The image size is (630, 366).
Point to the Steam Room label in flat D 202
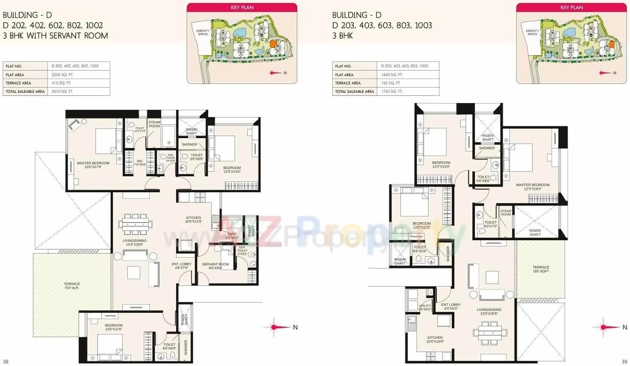pos(155,124)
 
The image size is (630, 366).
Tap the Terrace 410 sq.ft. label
pos(72,285)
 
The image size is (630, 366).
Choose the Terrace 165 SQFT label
pos(541,269)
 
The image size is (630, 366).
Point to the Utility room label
pos(424,307)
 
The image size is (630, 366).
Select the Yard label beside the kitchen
pos(231,236)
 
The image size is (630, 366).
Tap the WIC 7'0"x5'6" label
pos(140,162)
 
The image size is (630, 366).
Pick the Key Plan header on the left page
pos(242,7)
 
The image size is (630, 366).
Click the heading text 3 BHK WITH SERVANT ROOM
pos(55,36)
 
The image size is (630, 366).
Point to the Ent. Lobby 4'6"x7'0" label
pos(181,266)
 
